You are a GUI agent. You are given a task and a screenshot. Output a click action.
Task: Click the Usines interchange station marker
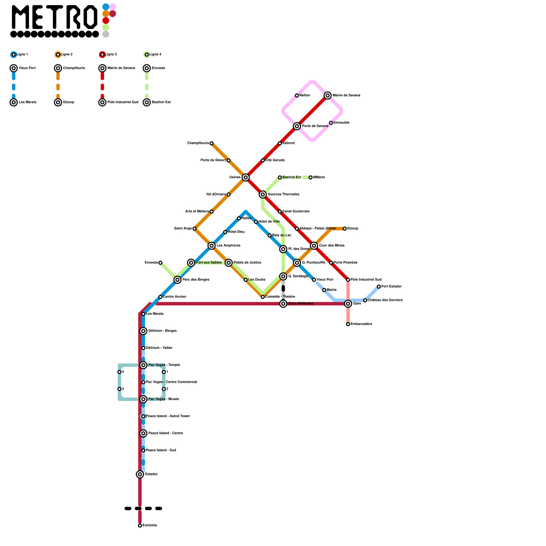click(246, 177)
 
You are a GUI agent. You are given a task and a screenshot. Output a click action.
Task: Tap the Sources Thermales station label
click(283, 195)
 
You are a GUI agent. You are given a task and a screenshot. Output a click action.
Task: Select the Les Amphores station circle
click(212, 246)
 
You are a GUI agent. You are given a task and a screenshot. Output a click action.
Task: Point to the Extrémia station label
click(149, 526)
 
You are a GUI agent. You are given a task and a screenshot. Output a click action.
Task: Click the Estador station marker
click(140, 474)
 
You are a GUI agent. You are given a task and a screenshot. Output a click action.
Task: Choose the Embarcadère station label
click(361, 324)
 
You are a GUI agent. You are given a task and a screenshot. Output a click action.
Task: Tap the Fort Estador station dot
click(379, 287)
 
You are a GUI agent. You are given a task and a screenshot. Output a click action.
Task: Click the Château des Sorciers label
click(385, 300)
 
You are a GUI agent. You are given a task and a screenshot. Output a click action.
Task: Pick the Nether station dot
click(297, 96)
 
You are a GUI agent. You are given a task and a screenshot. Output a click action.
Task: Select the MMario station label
click(319, 177)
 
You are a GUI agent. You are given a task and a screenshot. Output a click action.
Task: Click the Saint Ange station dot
click(195, 229)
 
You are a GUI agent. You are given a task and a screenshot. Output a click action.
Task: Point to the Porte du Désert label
click(213, 160)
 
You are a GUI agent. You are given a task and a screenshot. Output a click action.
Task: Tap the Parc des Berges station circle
click(177, 280)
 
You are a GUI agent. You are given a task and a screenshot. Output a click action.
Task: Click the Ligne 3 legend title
click(111, 55)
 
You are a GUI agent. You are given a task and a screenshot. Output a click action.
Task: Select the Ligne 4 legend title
click(155, 55)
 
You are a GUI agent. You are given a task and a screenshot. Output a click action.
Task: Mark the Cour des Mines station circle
click(314, 246)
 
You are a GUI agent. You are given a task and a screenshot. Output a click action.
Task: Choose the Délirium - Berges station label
click(162, 331)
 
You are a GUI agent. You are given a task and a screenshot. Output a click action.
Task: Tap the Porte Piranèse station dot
click(331, 263)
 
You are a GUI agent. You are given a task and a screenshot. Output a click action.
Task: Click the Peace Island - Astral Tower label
click(168, 416)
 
